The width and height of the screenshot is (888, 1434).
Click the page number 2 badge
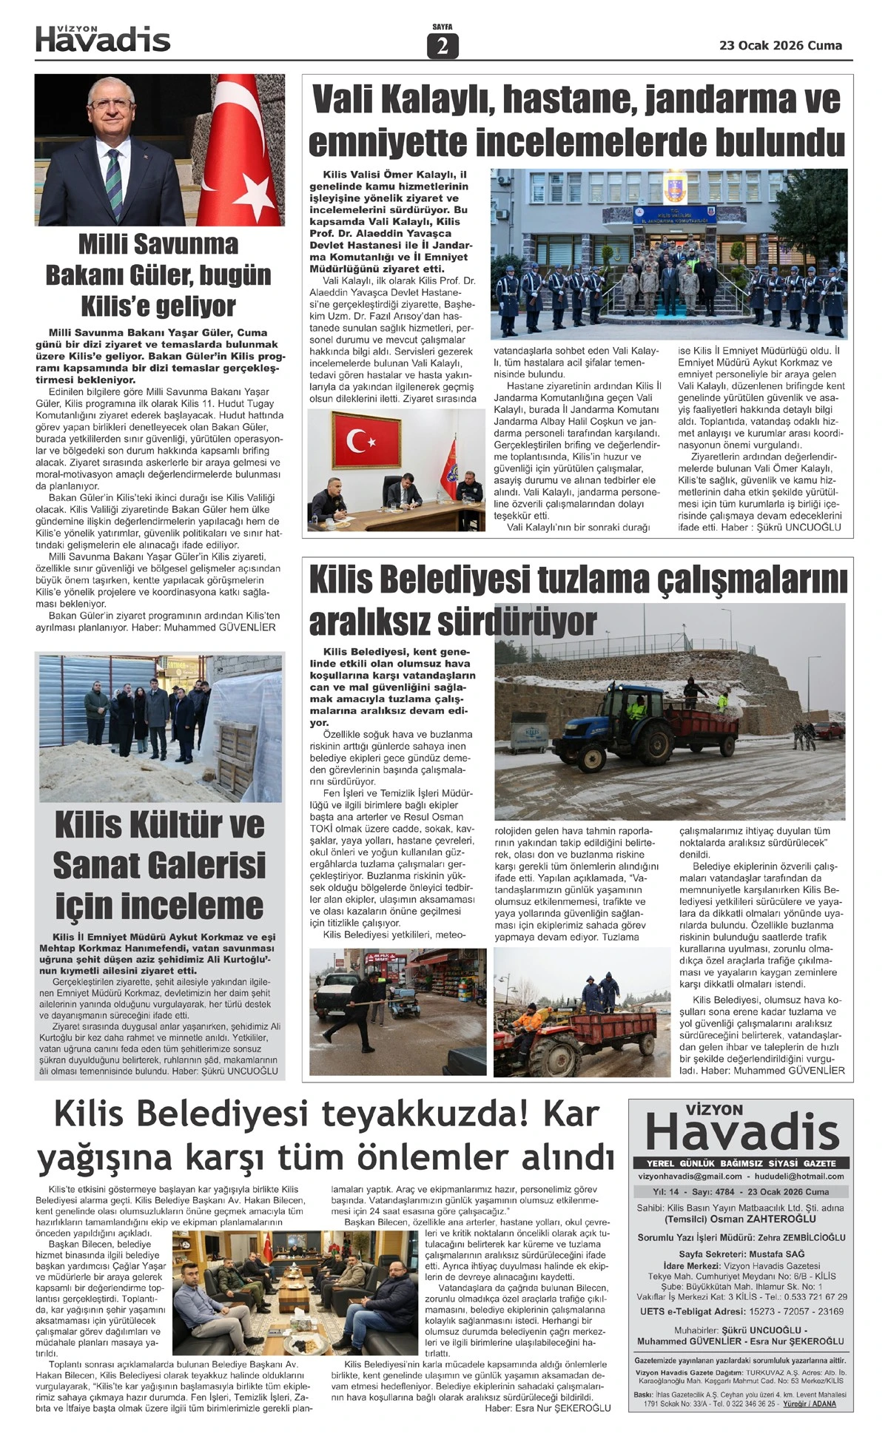tap(443, 47)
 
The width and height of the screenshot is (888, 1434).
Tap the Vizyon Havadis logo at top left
tap(103, 39)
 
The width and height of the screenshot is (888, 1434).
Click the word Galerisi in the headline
tap(159, 864)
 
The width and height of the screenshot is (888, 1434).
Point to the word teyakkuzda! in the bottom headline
tap(415, 1114)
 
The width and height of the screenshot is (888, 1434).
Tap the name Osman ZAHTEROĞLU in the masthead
tap(769, 1219)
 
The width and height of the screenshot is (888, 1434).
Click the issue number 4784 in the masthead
tap(727, 1191)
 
